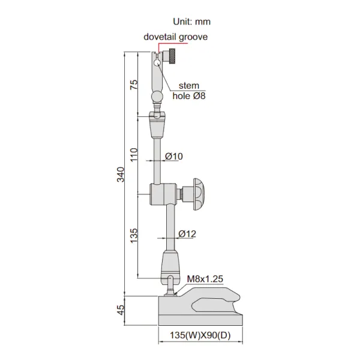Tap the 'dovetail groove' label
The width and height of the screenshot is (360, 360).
coord(175,37)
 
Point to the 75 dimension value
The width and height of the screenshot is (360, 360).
coord(133,84)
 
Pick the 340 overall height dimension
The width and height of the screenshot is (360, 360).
coord(121,175)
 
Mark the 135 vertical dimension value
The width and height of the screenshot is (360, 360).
coord(133,234)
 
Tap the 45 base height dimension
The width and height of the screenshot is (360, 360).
coord(121,310)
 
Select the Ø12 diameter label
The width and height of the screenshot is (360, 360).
coord(187,233)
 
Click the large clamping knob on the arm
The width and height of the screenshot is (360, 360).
coord(199,194)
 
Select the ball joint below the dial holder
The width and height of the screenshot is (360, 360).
coord(157,97)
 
